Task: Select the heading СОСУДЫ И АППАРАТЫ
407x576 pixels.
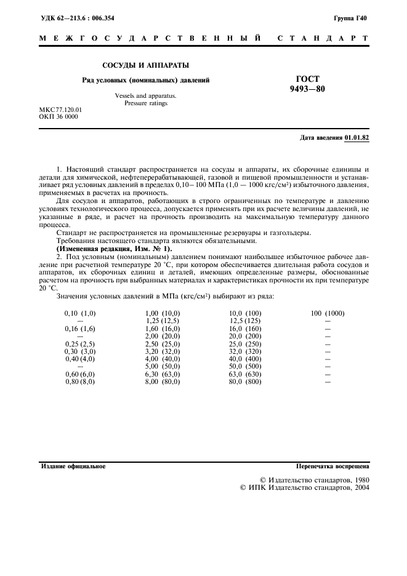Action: pyautogui.click(x=145, y=65)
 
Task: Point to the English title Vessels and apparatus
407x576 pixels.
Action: pyautogui.click(x=145, y=95)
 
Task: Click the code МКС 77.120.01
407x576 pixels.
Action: pyautogui.click(x=60, y=110)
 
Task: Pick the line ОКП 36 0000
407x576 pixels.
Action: pyautogui.click(x=58, y=116)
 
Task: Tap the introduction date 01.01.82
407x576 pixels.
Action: pyautogui.click(x=357, y=138)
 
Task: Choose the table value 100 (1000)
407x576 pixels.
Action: pyautogui.click(x=328, y=313)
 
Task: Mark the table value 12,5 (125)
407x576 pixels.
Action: pyautogui.click(x=245, y=321)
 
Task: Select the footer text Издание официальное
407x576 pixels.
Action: pyautogui.click(x=73, y=466)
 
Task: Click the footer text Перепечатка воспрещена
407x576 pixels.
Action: pyautogui.click(x=332, y=466)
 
